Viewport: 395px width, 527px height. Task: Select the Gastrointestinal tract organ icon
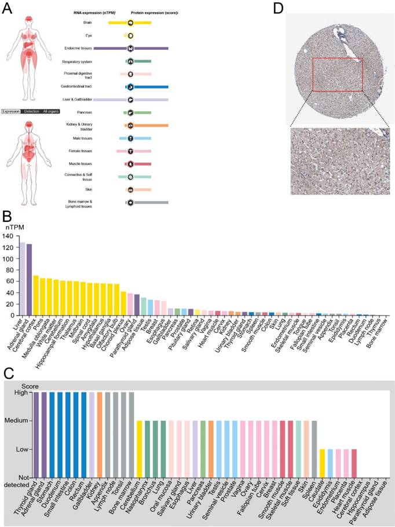(131, 86)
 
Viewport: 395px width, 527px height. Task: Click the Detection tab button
(31, 111)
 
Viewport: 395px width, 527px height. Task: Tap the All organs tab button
(50, 111)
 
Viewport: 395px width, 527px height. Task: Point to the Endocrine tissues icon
(131, 49)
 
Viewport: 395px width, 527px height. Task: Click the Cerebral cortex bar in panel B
(36, 295)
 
